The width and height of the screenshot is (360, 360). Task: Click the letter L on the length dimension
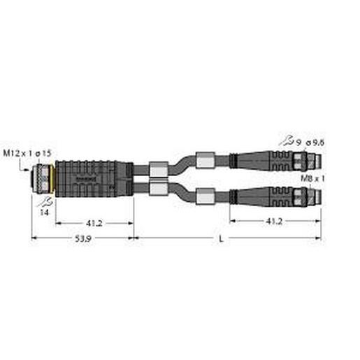(x=221, y=240)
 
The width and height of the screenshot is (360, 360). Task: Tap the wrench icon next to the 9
(x=284, y=143)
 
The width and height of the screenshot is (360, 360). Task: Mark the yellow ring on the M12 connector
(x=54, y=180)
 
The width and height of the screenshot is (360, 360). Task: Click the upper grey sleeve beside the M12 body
(x=158, y=168)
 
